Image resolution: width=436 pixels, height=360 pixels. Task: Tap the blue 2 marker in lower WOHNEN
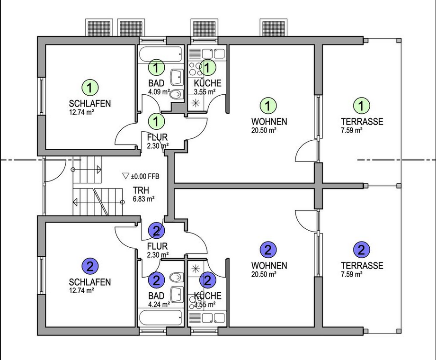click(x=268, y=249)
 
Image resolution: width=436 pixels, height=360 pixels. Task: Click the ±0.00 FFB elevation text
click(x=145, y=176)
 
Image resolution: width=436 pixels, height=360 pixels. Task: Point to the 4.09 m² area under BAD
click(x=159, y=92)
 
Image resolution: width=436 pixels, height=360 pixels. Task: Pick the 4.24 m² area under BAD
click(x=159, y=305)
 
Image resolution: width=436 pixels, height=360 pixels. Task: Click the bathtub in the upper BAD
click(x=161, y=54)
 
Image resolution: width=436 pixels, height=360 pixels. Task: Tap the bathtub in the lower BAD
click(x=161, y=317)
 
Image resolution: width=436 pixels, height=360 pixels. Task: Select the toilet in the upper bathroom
click(x=176, y=94)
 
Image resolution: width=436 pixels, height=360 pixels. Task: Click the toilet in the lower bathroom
click(x=176, y=276)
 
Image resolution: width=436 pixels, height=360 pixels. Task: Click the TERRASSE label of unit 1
click(x=362, y=122)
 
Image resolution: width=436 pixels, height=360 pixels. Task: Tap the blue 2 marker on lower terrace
click(x=362, y=249)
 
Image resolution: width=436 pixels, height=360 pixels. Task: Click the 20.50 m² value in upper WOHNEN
click(x=264, y=129)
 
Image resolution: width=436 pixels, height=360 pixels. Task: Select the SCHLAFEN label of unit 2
click(x=90, y=282)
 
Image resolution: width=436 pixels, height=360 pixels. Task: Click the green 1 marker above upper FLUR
click(x=157, y=120)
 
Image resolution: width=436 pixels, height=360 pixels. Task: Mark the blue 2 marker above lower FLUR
click(x=157, y=231)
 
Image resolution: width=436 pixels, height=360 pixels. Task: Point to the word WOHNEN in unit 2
click(x=269, y=265)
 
